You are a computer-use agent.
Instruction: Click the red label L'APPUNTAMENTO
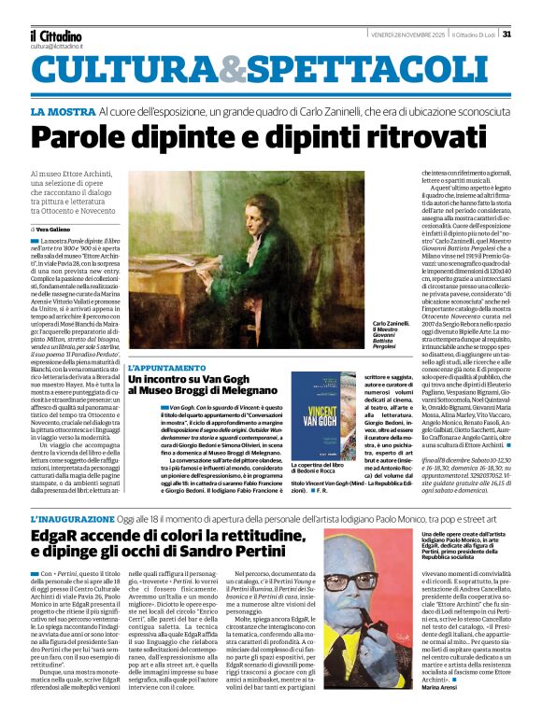[x=168, y=370]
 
